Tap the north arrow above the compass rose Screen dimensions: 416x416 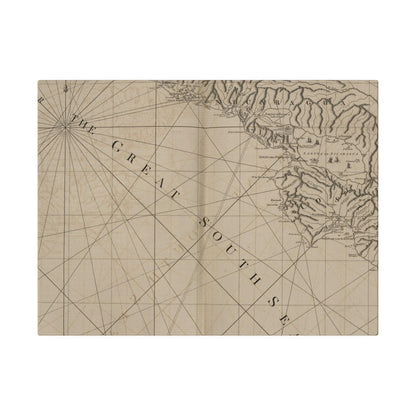pyautogui.click(x=64, y=91)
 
